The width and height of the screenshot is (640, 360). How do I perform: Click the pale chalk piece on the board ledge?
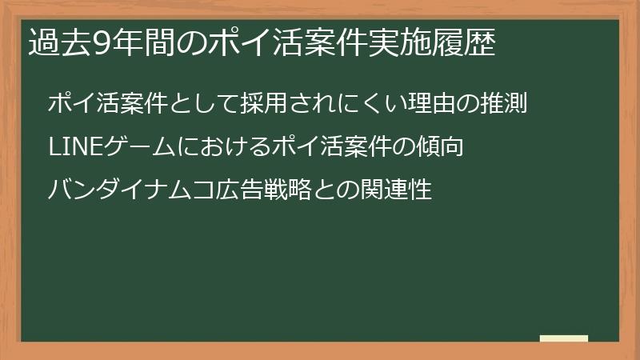(x=564, y=339)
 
